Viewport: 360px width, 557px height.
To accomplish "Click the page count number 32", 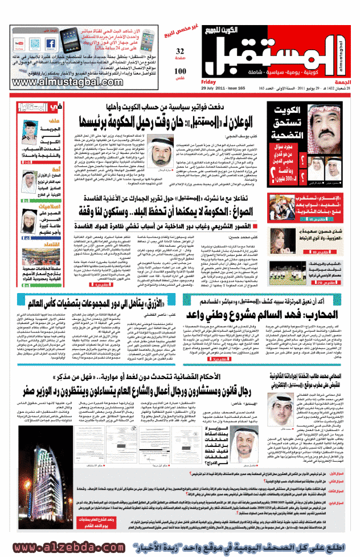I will tap(181, 51).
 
